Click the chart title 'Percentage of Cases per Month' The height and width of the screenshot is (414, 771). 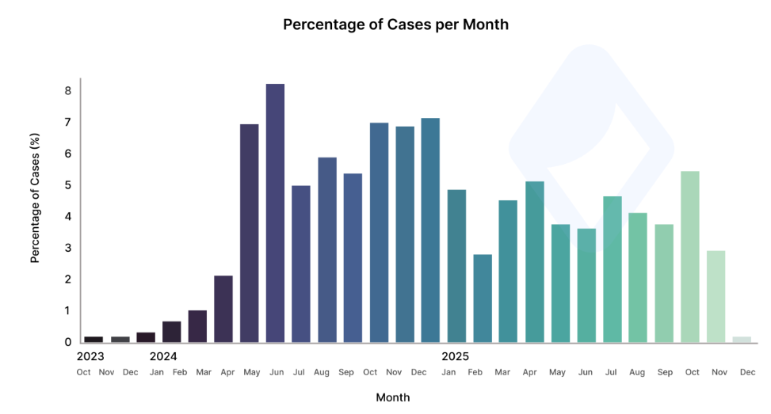(395, 25)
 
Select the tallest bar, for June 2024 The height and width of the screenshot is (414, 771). (275, 213)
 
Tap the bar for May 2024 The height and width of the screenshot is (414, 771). (249, 234)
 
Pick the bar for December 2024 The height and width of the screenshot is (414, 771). (430, 230)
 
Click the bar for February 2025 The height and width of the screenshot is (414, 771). (482, 298)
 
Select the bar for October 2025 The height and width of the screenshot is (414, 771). (690, 256)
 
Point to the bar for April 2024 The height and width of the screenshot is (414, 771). (223, 309)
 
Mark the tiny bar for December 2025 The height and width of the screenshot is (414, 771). (742, 340)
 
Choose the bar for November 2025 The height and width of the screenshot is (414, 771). (716, 296)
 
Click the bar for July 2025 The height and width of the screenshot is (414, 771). (612, 269)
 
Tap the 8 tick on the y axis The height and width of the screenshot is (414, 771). (68, 91)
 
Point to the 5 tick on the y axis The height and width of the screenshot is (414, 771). (68, 185)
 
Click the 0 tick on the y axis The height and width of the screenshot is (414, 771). (68, 342)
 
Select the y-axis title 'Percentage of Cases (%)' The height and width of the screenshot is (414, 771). (36, 199)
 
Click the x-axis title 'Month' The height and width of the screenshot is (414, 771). (392, 397)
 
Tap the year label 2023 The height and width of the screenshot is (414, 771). (90, 356)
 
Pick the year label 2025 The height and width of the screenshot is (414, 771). (456, 356)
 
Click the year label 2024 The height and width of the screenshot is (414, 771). (163, 356)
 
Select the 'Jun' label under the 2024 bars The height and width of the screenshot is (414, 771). (275, 372)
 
